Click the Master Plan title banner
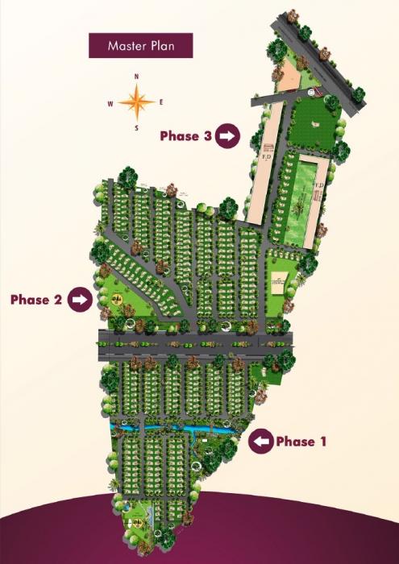click(x=141, y=46)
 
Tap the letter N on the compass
click(x=137, y=77)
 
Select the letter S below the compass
click(x=136, y=127)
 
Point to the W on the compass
click(x=110, y=103)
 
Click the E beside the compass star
click(x=162, y=102)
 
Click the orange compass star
click(x=136, y=102)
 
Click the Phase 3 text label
click(x=185, y=136)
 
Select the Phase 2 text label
click(x=36, y=300)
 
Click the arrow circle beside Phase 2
click(x=79, y=300)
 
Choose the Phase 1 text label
click(x=301, y=442)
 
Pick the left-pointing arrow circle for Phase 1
click(x=260, y=442)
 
